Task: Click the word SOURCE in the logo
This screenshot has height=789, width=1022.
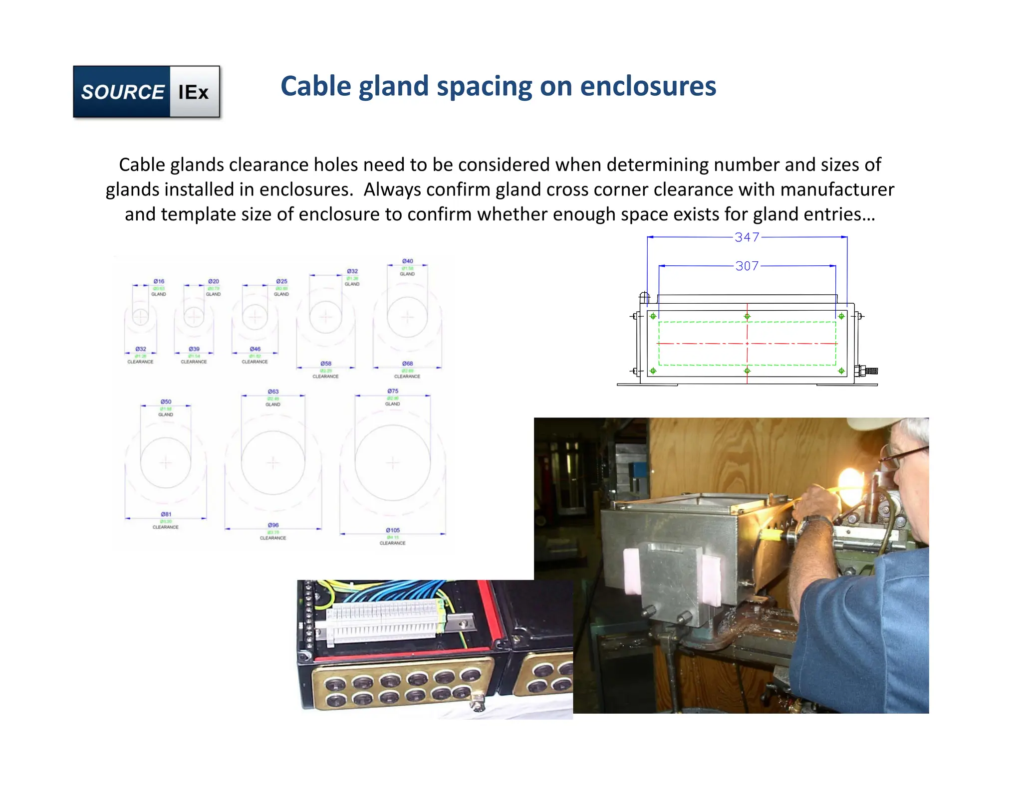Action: pos(122,92)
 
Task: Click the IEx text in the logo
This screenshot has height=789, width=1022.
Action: pos(194,92)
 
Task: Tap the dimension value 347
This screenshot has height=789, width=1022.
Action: pos(747,237)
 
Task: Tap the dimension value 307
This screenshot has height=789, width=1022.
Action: pos(747,266)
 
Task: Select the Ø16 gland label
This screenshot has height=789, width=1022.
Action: pos(159,281)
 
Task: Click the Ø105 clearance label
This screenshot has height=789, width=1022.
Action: pos(393,530)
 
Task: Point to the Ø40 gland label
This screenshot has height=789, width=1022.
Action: pos(408,261)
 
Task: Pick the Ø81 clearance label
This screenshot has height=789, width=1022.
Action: pos(166,514)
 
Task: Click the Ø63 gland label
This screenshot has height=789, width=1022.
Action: pos(273,392)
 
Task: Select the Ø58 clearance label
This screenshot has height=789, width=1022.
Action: pos(326,364)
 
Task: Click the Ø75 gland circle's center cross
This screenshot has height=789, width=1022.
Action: pos(393,463)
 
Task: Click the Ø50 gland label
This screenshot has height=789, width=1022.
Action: pos(166,401)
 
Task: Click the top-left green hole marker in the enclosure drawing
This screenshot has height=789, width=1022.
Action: pos(653,316)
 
